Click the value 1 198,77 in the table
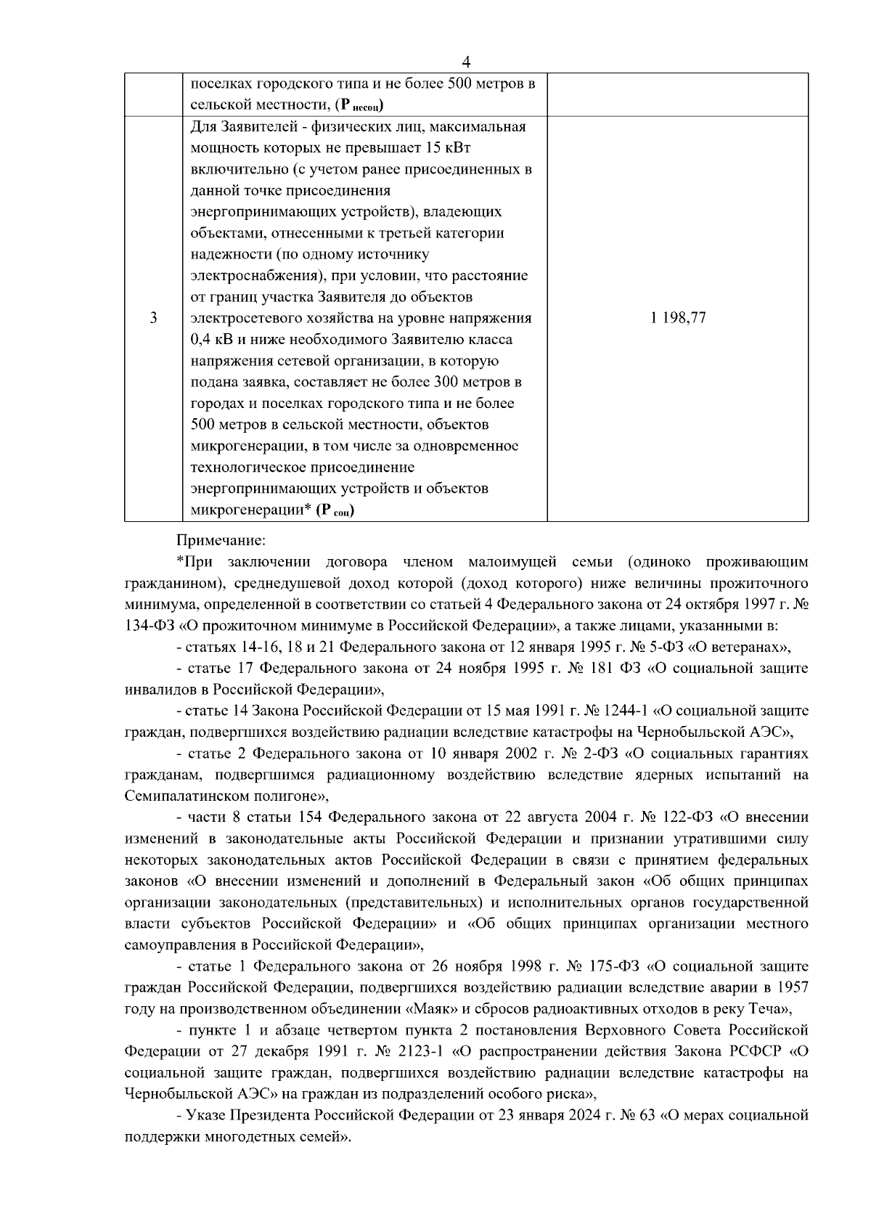679,318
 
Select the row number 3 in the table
153,318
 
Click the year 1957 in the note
793,988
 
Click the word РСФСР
757,1051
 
